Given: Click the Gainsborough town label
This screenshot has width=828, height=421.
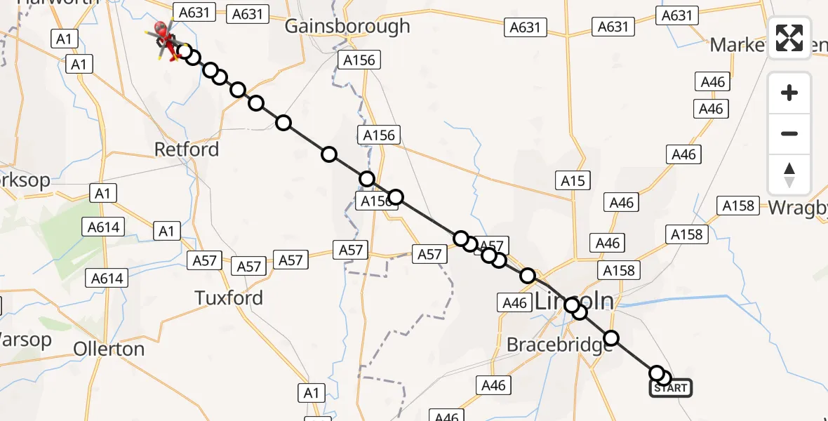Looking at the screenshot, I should [x=347, y=27].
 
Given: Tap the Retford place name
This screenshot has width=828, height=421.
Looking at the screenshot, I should [x=187, y=149].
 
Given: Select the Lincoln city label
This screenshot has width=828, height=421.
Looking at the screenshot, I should [x=574, y=302].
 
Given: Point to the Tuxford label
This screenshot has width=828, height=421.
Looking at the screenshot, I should [x=229, y=298].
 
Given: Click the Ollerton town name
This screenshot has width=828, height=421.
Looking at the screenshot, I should [x=109, y=349].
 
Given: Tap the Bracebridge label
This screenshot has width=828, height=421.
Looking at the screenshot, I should [x=555, y=345].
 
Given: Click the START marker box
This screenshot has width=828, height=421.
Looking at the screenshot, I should [x=671, y=388].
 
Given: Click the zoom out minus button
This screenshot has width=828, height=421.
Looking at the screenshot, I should [x=789, y=133].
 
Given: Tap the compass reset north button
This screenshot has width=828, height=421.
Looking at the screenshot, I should [x=789, y=175].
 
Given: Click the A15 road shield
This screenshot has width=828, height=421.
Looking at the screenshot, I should [x=573, y=181].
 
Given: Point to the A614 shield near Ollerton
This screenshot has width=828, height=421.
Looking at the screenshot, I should [x=107, y=279].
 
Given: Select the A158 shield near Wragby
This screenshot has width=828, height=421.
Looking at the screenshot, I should [x=738, y=206].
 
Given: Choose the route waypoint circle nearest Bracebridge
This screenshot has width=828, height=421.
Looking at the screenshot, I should [x=612, y=339].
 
